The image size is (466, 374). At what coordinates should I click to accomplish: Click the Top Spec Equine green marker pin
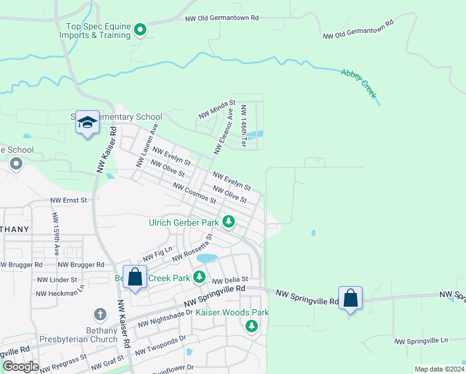140,29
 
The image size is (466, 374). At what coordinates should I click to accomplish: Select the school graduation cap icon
87,123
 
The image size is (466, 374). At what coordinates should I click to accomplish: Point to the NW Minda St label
217,110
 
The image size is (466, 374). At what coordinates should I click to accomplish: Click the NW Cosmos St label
194,193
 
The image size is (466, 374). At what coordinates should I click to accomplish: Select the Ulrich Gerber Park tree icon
229,221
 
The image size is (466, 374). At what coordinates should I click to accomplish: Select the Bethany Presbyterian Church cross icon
100,315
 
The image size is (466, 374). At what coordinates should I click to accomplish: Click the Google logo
21,367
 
